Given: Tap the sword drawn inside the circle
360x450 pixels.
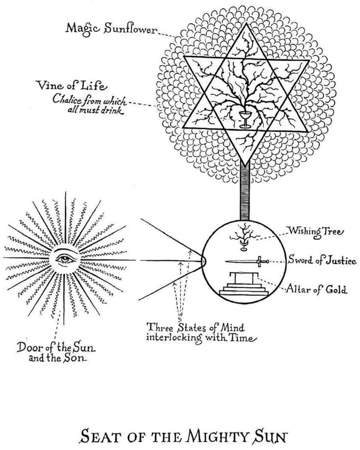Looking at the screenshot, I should tap(243, 261).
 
